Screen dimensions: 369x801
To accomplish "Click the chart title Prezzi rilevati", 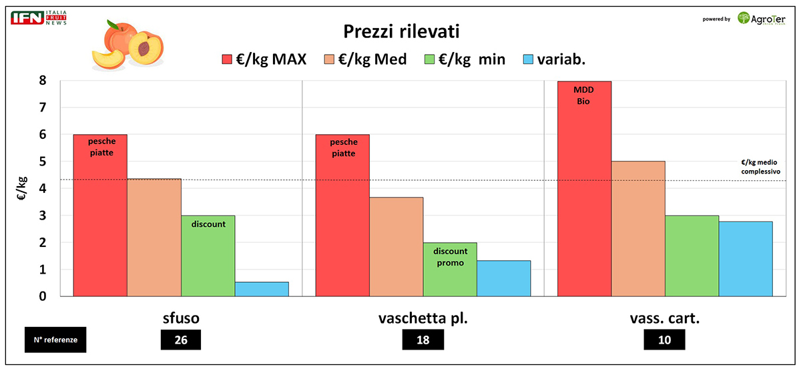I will (x=400, y=31).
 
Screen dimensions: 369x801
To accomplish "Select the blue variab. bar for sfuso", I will (x=262, y=289).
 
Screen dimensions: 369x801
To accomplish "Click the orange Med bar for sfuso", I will (x=154, y=237).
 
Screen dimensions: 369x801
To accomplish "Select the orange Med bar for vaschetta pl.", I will (x=396, y=246).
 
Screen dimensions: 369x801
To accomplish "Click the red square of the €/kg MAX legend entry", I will (x=227, y=59).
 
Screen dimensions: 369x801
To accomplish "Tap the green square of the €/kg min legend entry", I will (x=431, y=59).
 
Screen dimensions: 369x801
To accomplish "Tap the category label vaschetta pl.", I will (x=423, y=318).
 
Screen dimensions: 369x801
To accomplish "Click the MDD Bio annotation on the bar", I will (x=583, y=95).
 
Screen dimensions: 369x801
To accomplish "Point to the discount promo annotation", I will (x=450, y=257).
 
